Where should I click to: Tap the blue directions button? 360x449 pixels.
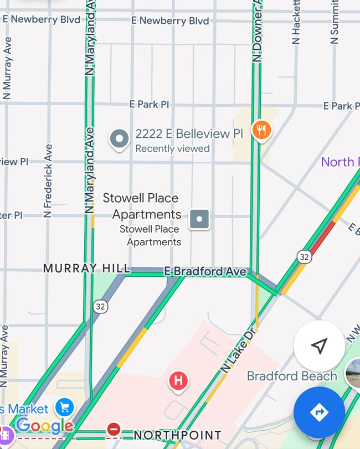coord(319,412)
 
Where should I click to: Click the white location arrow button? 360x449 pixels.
coord(319,346)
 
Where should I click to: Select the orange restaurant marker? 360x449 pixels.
coord(261,131)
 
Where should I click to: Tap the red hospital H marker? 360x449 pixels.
coord(178,381)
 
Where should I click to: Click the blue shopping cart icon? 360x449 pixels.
coord(65,407)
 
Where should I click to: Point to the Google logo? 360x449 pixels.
coord(45,426)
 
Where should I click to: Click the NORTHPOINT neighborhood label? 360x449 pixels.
coord(177,435)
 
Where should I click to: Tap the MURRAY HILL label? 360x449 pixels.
coord(86,269)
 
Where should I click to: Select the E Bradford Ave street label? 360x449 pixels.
coord(205,272)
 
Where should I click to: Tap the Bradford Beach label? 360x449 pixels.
coord(292,376)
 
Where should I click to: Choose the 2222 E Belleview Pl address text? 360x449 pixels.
coord(189,135)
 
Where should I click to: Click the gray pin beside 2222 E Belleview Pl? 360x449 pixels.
coord(119,139)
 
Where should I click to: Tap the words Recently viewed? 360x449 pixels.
coord(172,148)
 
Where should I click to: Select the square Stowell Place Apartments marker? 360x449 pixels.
coord(199,219)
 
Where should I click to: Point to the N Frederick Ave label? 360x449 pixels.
coord(48,180)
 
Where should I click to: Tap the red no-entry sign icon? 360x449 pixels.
coord(114,429)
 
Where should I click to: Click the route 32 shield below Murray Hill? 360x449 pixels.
coord(100,306)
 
